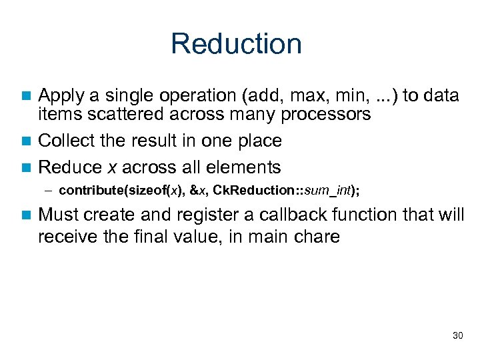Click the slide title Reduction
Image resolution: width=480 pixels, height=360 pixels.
pyautogui.click(x=236, y=44)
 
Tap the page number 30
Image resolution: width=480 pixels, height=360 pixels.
pyautogui.click(x=457, y=335)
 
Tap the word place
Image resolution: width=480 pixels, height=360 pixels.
pyautogui.click(x=258, y=141)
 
